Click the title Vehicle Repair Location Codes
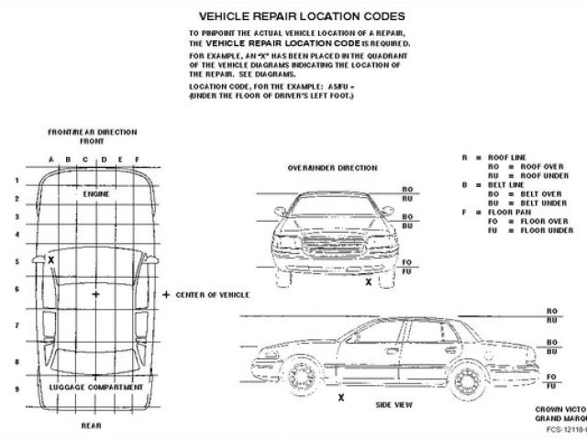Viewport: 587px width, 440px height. (302, 16)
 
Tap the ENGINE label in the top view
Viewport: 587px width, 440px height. (95, 195)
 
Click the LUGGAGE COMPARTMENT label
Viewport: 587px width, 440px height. (95, 387)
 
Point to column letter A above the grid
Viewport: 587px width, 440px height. (51, 159)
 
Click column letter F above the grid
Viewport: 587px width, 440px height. (137, 159)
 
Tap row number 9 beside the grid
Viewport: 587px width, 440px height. (17, 389)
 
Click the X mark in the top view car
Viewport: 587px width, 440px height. (51, 260)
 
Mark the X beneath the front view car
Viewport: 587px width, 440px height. (369, 282)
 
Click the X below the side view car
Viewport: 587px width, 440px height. (341, 397)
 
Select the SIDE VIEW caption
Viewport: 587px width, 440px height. (393, 404)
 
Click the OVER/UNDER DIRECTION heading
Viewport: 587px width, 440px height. (332, 169)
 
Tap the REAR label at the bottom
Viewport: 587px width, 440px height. (91, 425)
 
